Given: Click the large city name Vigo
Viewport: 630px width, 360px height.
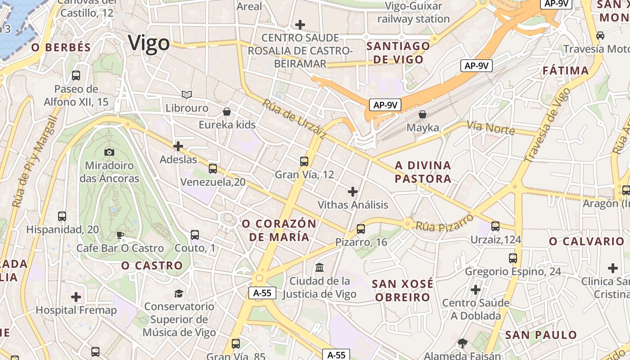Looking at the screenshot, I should coord(149,43).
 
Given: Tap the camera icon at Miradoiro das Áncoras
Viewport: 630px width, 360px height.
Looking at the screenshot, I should coord(109,153).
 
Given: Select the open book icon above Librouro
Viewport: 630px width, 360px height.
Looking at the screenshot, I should coord(187,94).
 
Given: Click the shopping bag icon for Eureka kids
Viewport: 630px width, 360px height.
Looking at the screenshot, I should coord(227,111).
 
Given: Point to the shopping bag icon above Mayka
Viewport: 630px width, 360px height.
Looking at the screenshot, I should coord(422,114).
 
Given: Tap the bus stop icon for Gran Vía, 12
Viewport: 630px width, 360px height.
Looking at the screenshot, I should coord(304,161).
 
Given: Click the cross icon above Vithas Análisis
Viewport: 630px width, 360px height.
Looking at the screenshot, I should coord(353,192).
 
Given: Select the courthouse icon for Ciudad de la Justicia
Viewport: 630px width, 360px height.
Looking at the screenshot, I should coord(319,267).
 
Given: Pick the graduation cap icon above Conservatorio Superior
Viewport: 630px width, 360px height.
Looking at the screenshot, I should coord(179,293).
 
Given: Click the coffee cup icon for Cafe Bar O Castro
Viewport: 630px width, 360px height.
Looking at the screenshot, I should coord(120,235).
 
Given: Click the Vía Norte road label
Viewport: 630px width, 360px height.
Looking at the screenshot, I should coord(490,127).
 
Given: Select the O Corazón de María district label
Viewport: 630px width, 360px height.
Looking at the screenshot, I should coord(279,230).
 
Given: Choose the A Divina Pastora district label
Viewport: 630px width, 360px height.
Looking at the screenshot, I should coord(423,172).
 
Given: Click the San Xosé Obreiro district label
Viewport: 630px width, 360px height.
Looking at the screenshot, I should coord(403,290).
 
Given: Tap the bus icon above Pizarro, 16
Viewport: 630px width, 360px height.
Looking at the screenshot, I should coord(360,229).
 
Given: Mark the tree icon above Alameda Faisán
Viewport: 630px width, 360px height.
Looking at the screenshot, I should coord(462,343).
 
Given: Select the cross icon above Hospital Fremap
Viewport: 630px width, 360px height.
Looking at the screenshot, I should coord(76,297).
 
